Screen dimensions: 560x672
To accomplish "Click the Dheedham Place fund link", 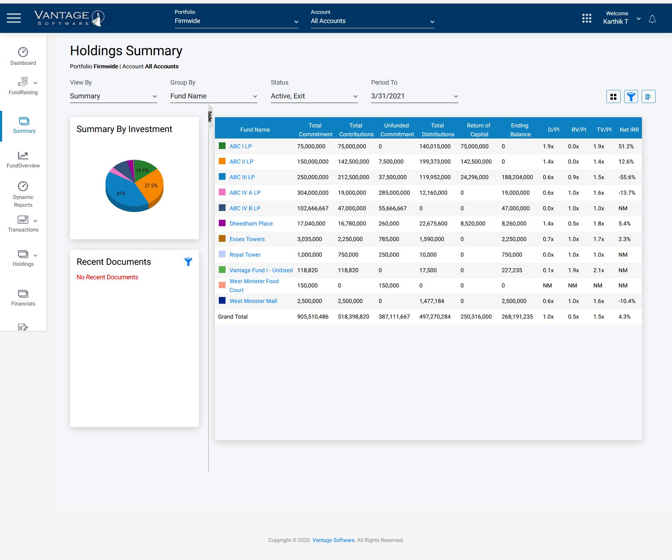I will [x=251, y=224].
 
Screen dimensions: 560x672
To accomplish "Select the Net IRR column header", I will [x=629, y=130].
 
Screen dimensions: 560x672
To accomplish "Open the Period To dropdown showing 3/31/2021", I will [x=414, y=96].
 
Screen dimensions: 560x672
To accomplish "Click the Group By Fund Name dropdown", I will [x=213, y=96].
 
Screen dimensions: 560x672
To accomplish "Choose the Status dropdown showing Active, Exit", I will [x=314, y=96].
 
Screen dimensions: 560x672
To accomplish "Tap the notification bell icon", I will [x=652, y=19].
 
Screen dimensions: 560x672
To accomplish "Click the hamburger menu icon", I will [x=14, y=18].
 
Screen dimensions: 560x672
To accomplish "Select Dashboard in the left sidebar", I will [x=23, y=57].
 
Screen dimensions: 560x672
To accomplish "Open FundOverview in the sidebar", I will [x=23, y=160].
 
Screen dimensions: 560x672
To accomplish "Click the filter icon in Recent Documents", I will [x=188, y=262].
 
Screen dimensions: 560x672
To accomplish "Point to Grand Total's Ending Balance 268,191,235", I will [x=517, y=317].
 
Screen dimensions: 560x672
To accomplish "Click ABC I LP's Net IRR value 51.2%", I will [x=626, y=147].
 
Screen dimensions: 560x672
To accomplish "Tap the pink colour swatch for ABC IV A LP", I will [x=222, y=193].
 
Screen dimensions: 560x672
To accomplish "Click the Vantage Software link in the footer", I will [x=333, y=540].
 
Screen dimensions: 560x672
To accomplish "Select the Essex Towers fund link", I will [x=247, y=239].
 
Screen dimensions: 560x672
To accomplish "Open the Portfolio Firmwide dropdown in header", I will [x=236, y=21].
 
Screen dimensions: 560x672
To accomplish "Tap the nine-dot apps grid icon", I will [x=587, y=18].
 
